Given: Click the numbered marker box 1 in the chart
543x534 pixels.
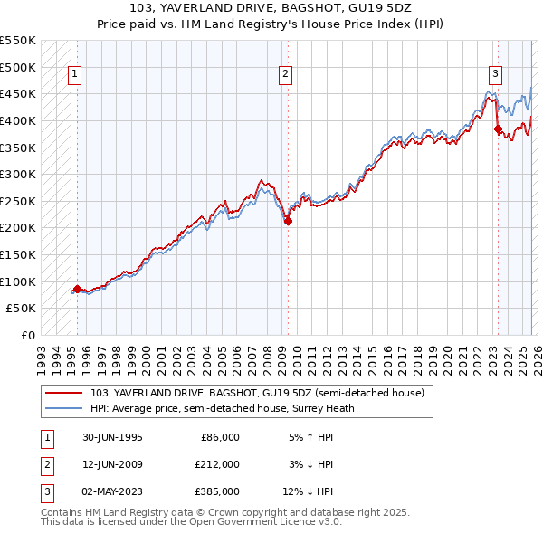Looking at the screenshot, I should click(74, 75).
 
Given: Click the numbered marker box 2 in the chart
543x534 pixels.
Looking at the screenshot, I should click(285, 75).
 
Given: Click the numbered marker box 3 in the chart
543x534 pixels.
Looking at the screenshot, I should click(496, 75).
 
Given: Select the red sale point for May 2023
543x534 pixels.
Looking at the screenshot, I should click(498, 129).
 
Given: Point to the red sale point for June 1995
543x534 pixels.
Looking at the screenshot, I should click(77, 289).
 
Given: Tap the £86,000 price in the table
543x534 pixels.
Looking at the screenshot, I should click(220, 437).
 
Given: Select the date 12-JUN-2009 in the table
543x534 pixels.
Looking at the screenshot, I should click(112, 464).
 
